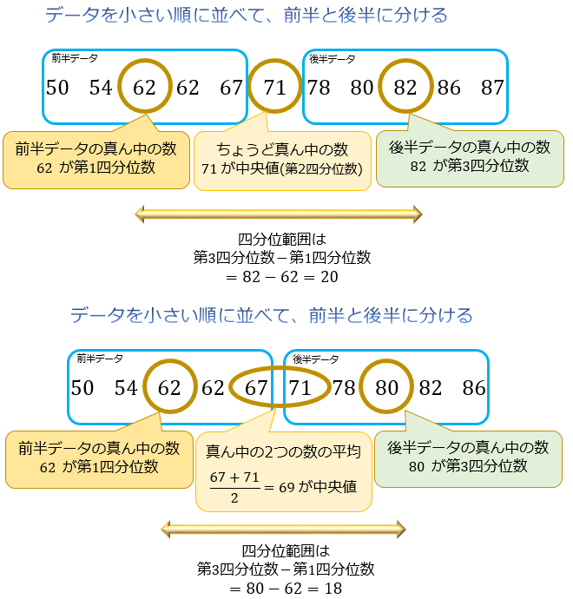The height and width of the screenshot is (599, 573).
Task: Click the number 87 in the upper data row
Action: (492, 88)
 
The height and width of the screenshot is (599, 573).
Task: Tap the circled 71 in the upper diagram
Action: (274, 88)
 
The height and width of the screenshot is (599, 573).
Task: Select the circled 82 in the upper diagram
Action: (405, 88)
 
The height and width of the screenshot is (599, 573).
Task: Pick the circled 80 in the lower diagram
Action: (386, 388)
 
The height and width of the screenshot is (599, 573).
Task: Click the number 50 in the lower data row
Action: (82, 388)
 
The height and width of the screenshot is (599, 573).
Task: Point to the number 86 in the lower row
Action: (474, 388)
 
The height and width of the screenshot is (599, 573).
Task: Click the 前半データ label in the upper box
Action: (74, 59)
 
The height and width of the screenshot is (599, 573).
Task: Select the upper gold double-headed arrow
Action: (278, 214)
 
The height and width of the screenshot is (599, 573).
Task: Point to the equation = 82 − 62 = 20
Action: (282, 278)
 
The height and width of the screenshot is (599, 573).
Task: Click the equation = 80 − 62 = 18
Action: (286, 589)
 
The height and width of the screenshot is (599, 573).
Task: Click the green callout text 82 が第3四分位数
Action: (469, 166)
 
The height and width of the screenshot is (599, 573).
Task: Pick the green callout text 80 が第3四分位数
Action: (468, 466)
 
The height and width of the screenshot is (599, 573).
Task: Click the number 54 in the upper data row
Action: (101, 88)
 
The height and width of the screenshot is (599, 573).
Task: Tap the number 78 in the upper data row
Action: (319, 88)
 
